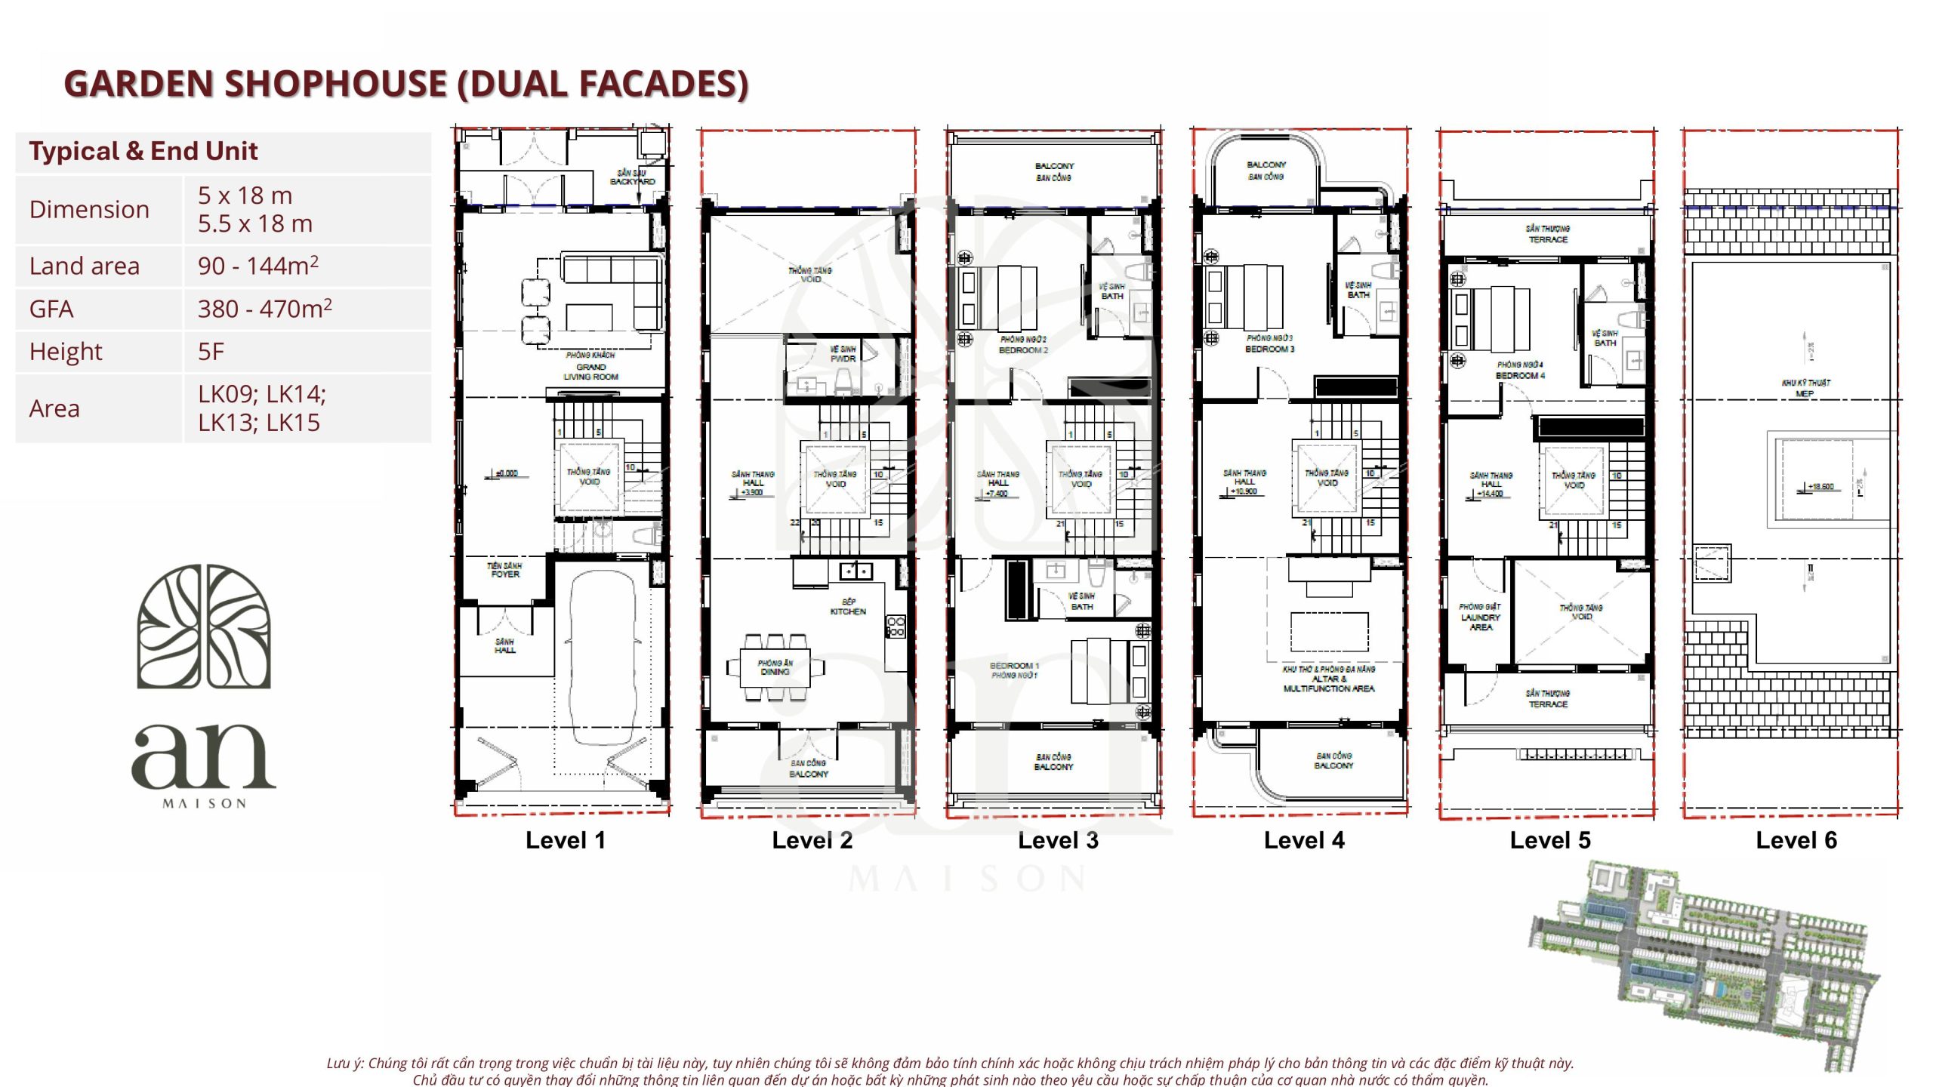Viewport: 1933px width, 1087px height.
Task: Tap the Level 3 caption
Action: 1057,840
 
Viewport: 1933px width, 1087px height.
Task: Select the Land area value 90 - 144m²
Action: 257,266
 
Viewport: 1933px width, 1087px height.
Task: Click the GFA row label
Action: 51,309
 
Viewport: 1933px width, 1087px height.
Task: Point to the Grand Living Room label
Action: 590,371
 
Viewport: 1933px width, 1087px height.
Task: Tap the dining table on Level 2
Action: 775,667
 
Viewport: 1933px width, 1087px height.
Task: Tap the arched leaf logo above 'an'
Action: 204,627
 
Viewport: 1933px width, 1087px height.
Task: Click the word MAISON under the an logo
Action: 204,804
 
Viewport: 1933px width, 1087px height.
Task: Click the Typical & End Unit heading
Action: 143,151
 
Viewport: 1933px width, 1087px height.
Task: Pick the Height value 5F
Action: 211,351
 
